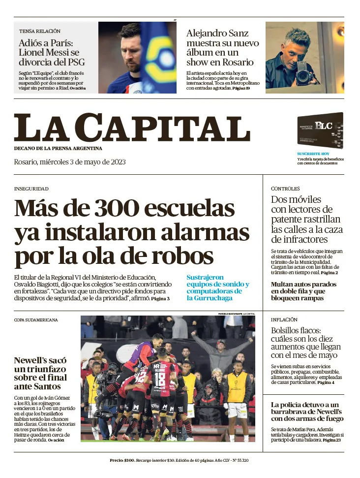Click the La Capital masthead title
132,127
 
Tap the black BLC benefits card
320,131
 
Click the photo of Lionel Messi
137,58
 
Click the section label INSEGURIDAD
31,189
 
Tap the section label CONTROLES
285,189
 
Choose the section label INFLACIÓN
284,319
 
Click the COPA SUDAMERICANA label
36,320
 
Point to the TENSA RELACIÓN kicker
40,31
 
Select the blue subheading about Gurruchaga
217,287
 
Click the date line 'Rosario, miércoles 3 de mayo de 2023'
70,162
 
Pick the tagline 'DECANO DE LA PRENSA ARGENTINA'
58,148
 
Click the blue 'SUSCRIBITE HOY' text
312,154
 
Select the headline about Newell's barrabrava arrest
307,412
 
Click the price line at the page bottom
179,460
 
